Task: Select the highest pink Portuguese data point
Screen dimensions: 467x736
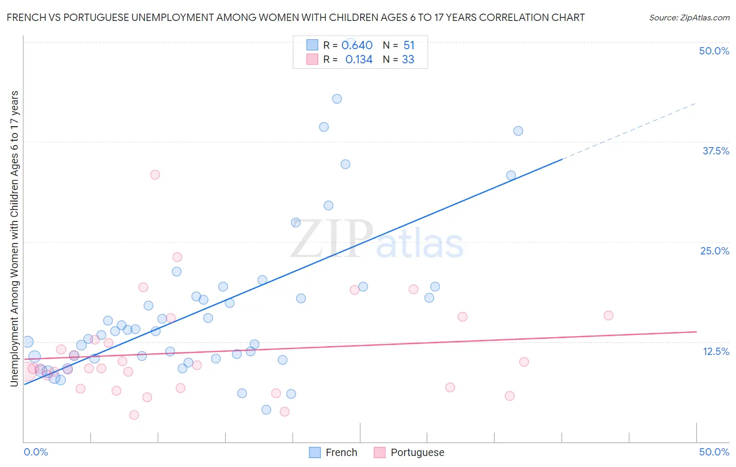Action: [155, 175]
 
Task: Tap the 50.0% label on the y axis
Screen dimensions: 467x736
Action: [714, 51]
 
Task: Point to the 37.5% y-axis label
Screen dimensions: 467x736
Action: [716, 151]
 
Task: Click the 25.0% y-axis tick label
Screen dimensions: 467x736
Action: [715, 251]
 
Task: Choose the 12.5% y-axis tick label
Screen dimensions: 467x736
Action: [716, 351]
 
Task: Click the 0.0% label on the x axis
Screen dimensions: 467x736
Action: [36, 452]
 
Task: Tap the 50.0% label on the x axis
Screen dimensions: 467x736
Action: [714, 452]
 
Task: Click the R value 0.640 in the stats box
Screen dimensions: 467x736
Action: [357, 46]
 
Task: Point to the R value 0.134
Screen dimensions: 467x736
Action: [359, 60]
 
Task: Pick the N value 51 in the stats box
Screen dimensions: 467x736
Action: [409, 46]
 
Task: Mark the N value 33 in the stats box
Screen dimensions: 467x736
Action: [408, 60]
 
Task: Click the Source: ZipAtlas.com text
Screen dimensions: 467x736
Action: [689, 18]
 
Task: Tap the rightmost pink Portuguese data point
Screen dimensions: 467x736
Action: [608, 315]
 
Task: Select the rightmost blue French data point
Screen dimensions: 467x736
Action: [518, 131]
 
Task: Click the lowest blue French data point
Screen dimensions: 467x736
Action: [266, 409]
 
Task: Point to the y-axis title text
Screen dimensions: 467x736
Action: [15, 239]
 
